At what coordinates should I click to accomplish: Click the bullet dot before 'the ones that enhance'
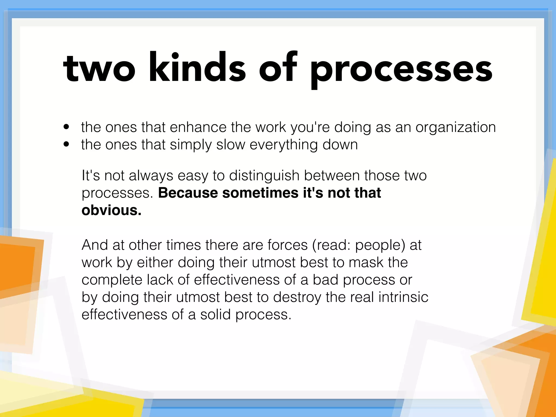click(66, 127)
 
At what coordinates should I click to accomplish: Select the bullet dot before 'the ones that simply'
click(66, 144)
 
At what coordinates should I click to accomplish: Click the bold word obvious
click(111, 210)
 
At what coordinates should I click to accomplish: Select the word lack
click(160, 280)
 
